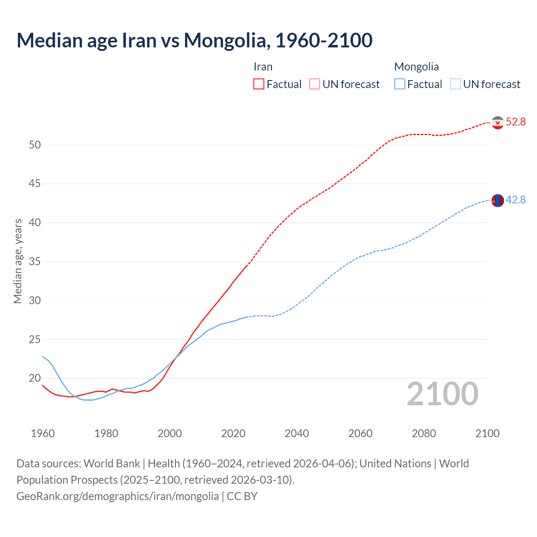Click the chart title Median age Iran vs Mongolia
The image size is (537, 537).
pyautogui.click(x=194, y=40)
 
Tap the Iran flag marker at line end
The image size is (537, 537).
pyautogui.click(x=498, y=123)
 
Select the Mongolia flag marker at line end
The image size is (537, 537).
pyautogui.click(x=498, y=201)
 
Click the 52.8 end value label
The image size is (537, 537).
pyautogui.click(x=516, y=122)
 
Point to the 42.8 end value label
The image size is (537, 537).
pyautogui.click(x=516, y=200)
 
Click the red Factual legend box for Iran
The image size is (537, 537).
pyautogui.click(x=259, y=84)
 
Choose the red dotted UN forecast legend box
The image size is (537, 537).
pyautogui.click(x=315, y=84)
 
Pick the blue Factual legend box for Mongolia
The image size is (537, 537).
pyautogui.click(x=400, y=84)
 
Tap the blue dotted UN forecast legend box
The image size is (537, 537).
pyautogui.click(x=456, y=84)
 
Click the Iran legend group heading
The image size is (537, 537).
pyautogui.click(x=263, y=67)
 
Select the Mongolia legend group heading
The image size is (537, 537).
pyautogui.click(x=417, y=67)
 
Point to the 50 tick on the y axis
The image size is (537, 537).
pyautogui.click(x=35, y=145)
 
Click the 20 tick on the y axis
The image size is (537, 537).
pyautogui.click(x=35, y=378)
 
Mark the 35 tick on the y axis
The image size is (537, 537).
pyautogui.click(x=35, y=262)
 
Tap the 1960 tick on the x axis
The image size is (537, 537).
pyautogui.click(x=43, y=433)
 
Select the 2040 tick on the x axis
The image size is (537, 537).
pyautogui.click(x=297, y=433)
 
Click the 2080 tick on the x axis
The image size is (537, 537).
pyautogui.click(x=424, y=433)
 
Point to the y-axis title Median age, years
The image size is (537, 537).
pyautogui.click(x=18, y=261)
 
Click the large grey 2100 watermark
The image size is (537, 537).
pyautogui.click(x=442, y=394)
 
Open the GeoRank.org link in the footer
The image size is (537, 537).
pyautogui.click(x=117, y=496)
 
